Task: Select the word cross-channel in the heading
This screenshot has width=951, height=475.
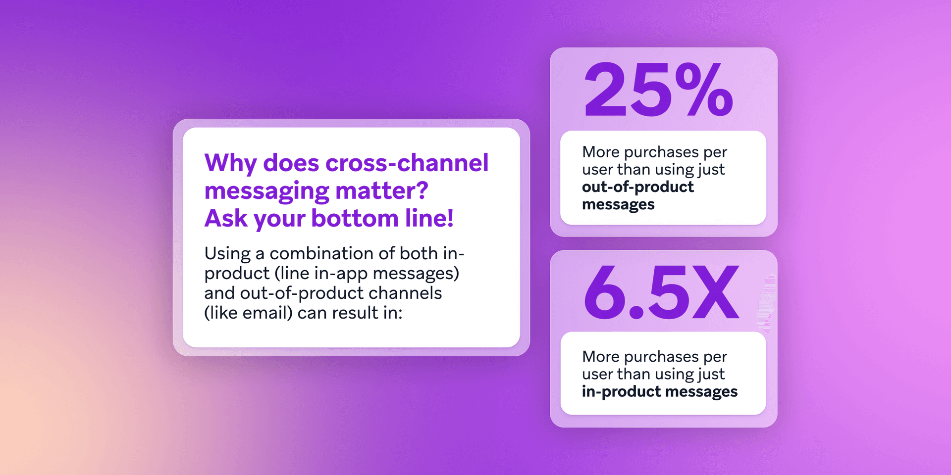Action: coord(407,163)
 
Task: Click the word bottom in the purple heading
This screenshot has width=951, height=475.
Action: coord(355,219)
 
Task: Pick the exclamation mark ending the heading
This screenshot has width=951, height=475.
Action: coord(450,219)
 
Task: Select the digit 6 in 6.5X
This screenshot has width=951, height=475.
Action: coord(605,292)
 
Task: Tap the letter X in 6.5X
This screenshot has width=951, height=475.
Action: coord(716,292)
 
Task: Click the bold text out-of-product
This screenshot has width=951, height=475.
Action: coord(638,187)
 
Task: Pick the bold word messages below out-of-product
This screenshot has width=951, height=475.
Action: coord(618,204)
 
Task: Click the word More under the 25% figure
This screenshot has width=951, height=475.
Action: coord(600,152)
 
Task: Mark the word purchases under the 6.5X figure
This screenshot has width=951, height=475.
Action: coord(661,357)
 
